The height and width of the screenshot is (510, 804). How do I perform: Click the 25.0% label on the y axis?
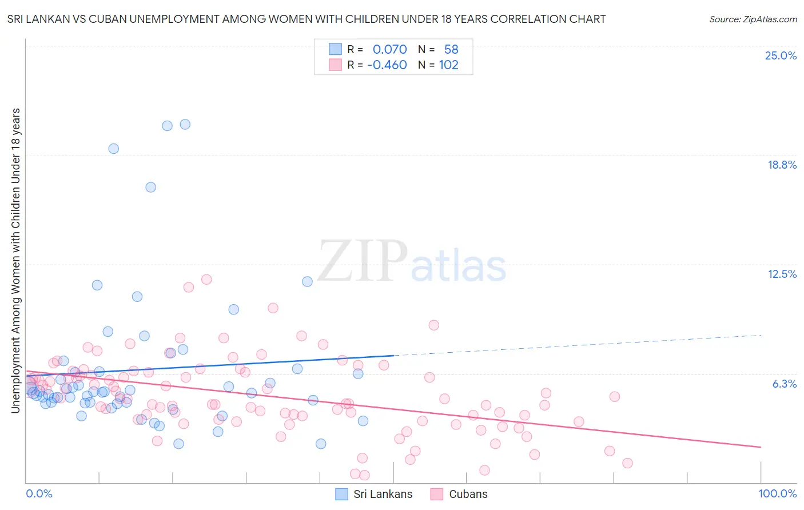click(781, 55)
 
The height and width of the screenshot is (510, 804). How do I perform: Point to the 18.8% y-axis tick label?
click(782, 165)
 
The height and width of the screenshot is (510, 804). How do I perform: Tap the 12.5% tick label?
click(782, 274)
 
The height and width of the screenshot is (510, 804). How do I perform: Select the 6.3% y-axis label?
click(784, 384)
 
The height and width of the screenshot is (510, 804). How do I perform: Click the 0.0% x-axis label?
click(39, 493)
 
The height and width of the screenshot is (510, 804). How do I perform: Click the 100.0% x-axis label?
click(777, 493)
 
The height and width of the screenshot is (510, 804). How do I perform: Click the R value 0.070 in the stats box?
click(389, 50)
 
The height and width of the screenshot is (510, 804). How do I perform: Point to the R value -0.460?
click(387, 65)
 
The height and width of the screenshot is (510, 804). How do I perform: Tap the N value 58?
click(451, 50)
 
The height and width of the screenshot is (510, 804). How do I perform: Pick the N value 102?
click(448, 65)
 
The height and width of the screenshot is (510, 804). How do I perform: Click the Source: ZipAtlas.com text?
click(753, 19)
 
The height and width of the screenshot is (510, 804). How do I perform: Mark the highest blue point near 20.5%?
click(185, 124)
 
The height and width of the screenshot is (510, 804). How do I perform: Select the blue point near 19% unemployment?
click(113, 149)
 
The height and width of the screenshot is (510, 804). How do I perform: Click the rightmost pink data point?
click(627, 463)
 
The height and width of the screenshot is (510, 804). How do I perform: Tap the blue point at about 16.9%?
click(150, 187)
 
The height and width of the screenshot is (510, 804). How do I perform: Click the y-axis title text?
click(15, 260)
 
